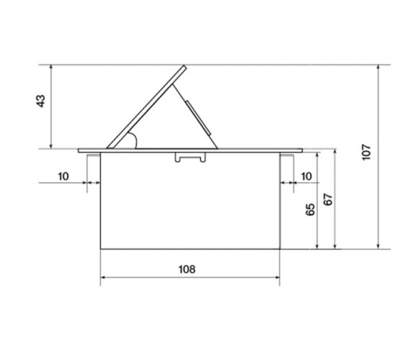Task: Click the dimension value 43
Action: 40,102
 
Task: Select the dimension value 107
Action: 367,153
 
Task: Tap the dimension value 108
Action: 187,269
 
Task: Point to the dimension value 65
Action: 311,210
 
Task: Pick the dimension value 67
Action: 328,199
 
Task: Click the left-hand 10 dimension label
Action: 63,176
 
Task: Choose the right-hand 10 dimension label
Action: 306,176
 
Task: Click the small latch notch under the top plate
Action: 190,157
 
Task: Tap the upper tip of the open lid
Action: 184,66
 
